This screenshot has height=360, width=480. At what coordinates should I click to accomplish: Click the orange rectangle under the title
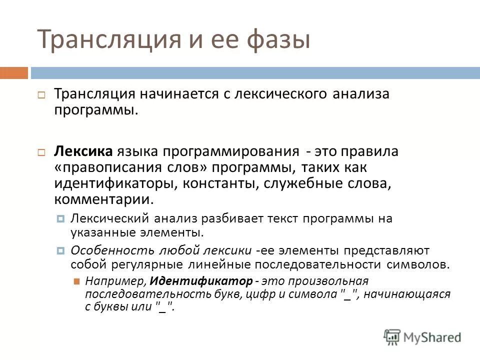click(x=14, y=73)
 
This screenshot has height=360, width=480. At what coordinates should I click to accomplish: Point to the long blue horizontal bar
click(x=255, y=73)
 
